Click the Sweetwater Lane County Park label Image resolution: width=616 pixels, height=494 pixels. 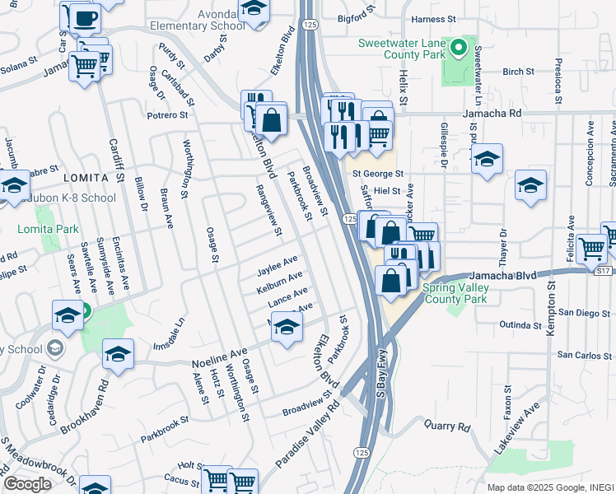pyautogui.click(x=402, y=49)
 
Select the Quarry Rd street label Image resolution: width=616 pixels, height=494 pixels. pyautogui.click(x=447, y=426)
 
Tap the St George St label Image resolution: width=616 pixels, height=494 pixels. pyautogui.click(x=378, y=174)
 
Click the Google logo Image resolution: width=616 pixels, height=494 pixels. pyautogui.click(x=27, y=484)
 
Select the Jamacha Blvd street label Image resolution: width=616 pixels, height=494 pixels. pyautogui.click(x=502, y=276)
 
